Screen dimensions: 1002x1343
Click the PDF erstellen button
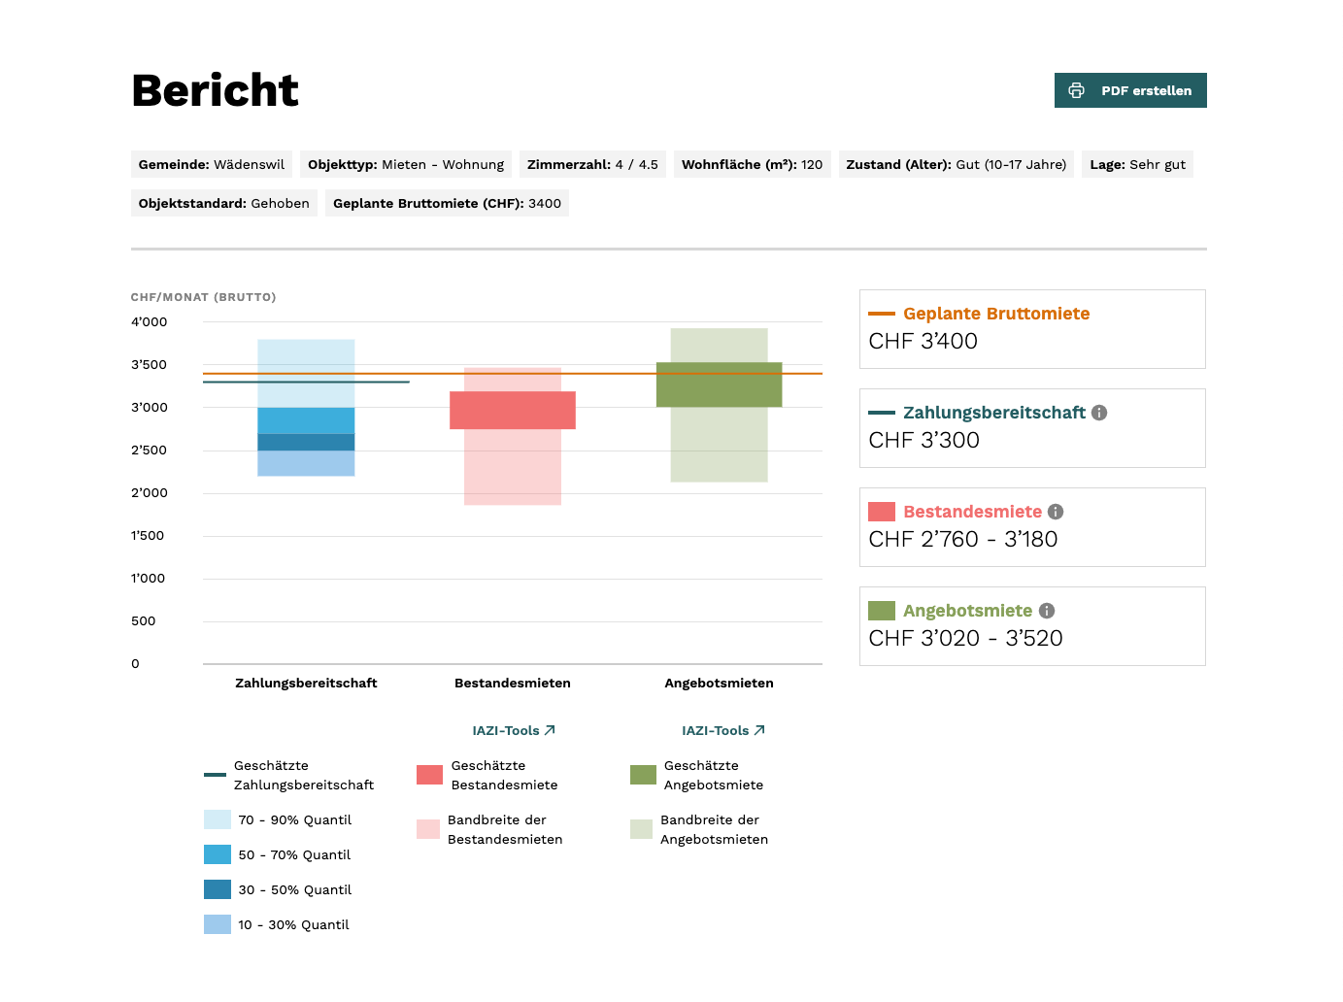point(1129,90)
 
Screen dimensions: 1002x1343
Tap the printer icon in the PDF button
point(1076,90)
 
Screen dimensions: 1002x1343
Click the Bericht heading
point(215,90)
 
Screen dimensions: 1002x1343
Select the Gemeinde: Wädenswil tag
point(211,164)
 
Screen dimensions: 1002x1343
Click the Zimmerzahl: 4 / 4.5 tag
point(592,164)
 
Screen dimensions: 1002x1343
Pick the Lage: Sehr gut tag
point(1137,164)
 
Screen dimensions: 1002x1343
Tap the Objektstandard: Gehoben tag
point(223,203)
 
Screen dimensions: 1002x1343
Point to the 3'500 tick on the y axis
point(149,365)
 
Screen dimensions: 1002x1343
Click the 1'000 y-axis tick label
point(148,579)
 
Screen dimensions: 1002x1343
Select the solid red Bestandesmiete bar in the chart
point(512,410)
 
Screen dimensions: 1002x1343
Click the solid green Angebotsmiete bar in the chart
point(719,384)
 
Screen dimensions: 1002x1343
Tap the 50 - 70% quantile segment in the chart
point(306,420)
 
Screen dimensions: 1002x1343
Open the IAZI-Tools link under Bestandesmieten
point(513,730)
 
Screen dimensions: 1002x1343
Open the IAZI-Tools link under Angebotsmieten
point(722,730)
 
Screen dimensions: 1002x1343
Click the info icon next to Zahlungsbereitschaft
point(1099,413)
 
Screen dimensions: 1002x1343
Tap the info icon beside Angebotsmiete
point(1047,611)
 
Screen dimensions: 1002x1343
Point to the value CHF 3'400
point(923,342)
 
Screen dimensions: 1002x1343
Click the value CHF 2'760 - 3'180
point(962,540)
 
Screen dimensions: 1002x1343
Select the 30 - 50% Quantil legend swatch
point(218,889)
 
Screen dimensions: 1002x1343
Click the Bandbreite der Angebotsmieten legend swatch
point(641,829)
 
